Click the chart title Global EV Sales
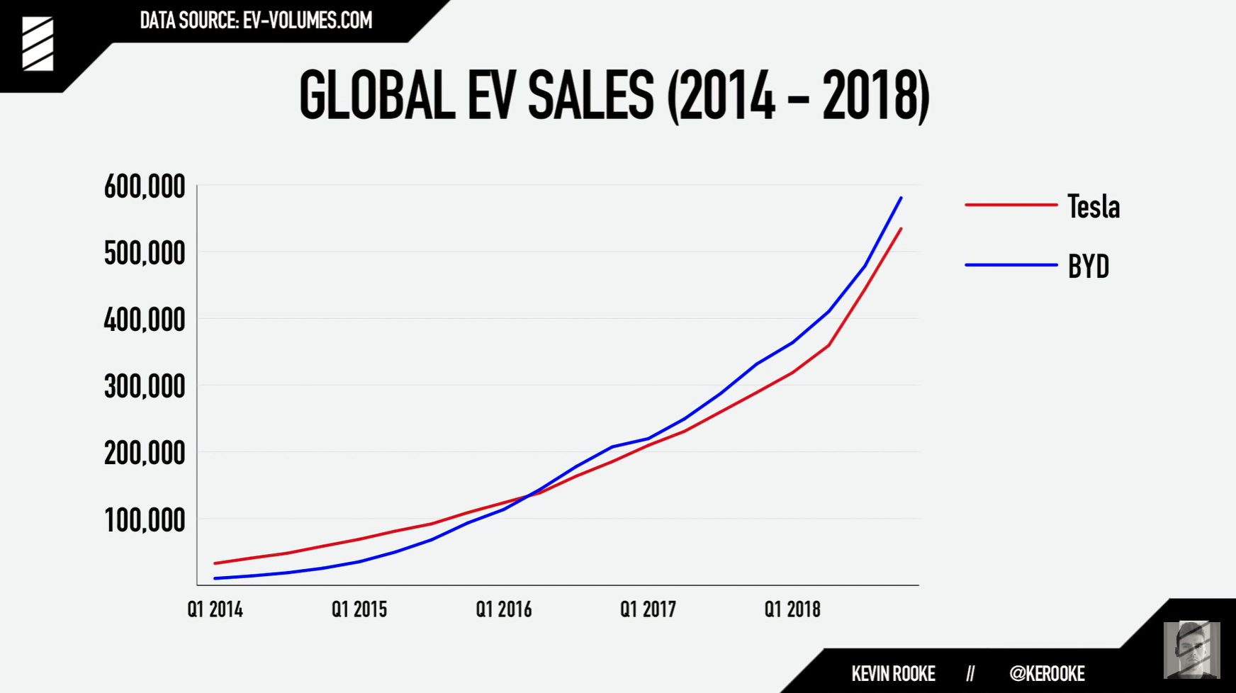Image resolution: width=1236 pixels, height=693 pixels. point(614,96)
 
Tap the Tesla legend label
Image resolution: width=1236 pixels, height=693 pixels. point(1094,207)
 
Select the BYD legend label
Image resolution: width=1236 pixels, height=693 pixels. point(1088,266)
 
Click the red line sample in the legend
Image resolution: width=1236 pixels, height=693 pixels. point(1011,205)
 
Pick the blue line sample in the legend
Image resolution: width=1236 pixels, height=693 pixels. point(1011,265)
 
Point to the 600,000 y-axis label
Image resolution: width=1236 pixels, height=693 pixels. point(145,187)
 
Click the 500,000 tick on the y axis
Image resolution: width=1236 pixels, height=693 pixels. point(145,254)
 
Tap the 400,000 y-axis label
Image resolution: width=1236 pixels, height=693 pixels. point(145,320)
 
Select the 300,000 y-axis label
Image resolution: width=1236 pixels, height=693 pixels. point(145,387)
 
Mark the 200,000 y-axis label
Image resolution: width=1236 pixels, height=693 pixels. point(145,453)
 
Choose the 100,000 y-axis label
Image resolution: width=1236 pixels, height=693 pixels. point(145,521)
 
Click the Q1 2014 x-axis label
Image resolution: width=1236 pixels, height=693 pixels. point(215,609)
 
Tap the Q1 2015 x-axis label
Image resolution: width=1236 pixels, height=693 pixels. point(359,609)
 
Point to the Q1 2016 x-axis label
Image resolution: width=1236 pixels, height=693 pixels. point(504,609)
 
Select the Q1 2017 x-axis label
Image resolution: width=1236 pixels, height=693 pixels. point(648,609)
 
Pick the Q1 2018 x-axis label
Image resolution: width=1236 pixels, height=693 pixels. point(792,609)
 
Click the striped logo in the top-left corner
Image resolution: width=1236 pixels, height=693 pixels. point(38,44)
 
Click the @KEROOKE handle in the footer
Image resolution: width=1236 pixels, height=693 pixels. point(1047,673)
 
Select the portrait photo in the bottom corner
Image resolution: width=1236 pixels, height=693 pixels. point(1191,650)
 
